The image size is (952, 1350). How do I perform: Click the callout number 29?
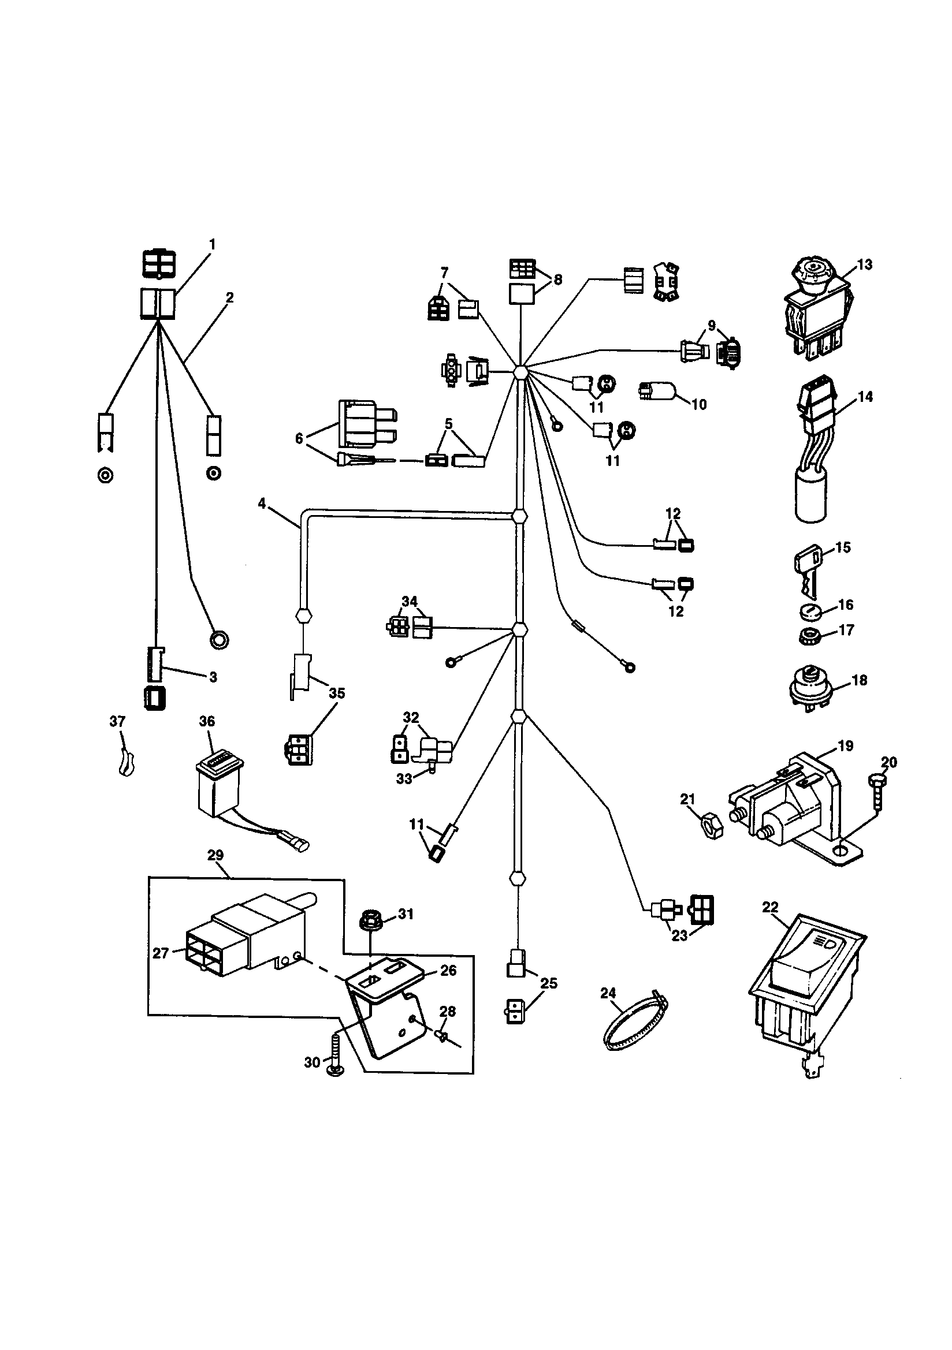(215, 855)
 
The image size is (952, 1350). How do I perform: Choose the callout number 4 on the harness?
(262, 504)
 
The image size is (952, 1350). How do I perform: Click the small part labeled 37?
(125, 763)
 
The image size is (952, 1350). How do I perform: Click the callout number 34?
(410, 601)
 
